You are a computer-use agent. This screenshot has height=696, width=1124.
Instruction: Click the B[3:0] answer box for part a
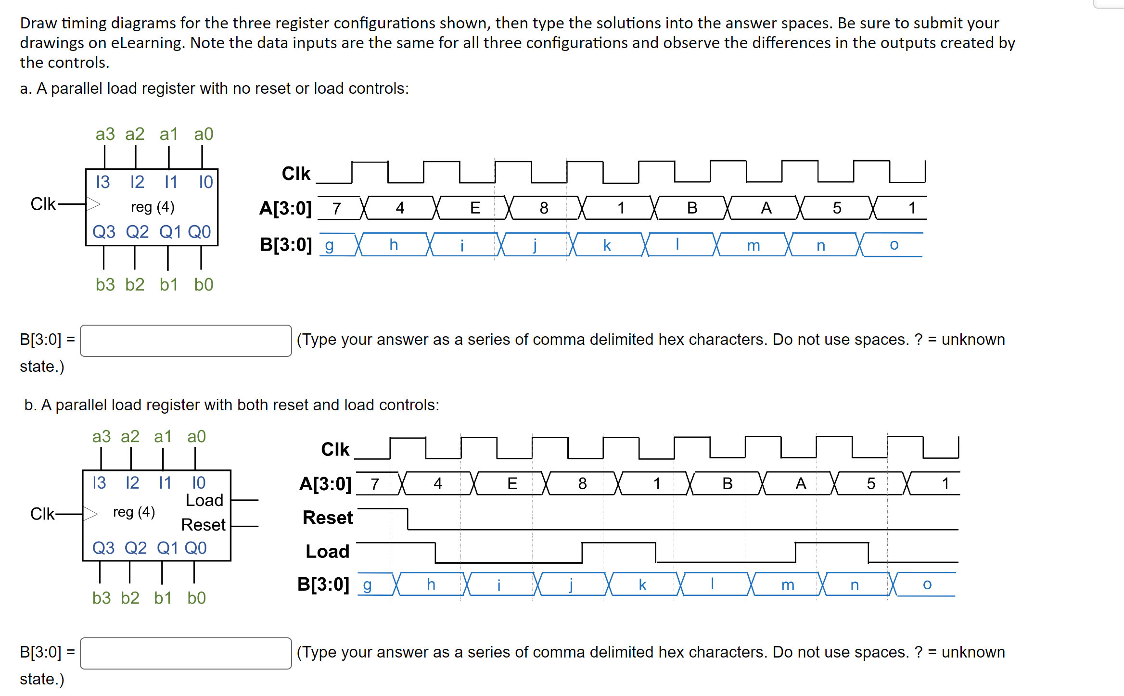click(186, 341)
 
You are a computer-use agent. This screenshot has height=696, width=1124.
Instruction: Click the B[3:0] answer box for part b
click(186, 653)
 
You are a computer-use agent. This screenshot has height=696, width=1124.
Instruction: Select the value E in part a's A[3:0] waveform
click(475, 208)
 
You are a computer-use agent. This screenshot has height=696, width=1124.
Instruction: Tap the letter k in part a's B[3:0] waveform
click(607, 245)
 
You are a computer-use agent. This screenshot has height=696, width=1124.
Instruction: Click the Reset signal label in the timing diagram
click(328, 518)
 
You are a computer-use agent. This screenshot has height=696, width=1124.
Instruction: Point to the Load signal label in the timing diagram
click(328, 551)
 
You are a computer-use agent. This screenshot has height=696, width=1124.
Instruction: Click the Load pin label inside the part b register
click(204, 500)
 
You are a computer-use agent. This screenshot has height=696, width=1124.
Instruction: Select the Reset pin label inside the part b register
click(203, 525)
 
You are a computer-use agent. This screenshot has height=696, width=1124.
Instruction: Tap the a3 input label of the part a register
click(105, 134)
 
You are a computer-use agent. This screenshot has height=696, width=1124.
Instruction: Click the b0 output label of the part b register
click(196, 597)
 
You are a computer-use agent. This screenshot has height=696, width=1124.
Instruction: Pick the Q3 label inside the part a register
click(104, 232)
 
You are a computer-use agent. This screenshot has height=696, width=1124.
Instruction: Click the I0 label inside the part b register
click(199, 482)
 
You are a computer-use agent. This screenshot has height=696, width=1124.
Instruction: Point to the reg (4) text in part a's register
click(153, 207)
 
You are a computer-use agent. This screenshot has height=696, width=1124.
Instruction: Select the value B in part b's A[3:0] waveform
click(728, 483)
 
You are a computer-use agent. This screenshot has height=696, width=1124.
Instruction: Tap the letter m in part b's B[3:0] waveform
click(788, 585)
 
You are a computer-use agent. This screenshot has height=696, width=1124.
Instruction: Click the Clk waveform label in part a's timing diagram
click(296, 173)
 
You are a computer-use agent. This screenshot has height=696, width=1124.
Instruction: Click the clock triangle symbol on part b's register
click(90, 514)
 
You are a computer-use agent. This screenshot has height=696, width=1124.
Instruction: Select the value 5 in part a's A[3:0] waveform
click(837, 208)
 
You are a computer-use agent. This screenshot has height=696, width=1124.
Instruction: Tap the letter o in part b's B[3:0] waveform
click(927, 584)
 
